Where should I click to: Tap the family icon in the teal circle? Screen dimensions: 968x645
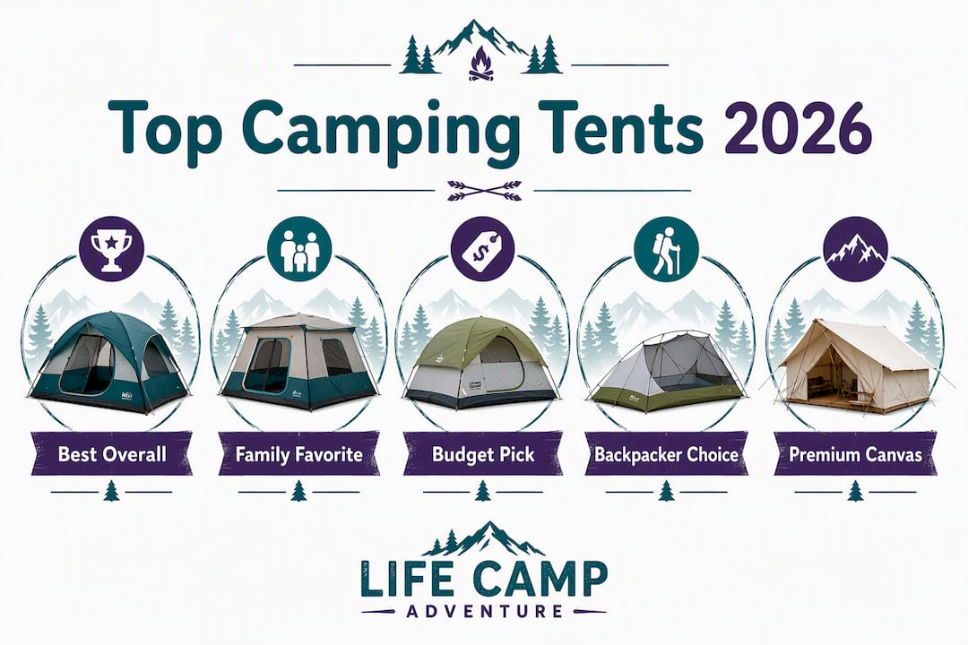click(299, 249)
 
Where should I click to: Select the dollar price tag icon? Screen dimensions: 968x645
click(483, 249)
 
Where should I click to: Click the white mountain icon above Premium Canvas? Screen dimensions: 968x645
click(856, 249)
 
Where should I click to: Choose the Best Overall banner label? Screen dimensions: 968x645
click(112, 454)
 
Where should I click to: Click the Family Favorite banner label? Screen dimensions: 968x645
click(298, 454)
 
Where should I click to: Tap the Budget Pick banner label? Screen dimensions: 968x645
click(483, 454)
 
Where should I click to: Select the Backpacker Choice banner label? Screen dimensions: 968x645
click(666, 454)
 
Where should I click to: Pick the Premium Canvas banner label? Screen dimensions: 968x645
click(855, 454)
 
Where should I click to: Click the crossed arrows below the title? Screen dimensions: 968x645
click(485, 191)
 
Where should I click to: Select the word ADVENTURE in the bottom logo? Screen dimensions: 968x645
click(485, 612)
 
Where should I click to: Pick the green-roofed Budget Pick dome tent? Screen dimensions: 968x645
click(480, 365)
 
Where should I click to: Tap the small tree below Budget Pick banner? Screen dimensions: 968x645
click(483, 491)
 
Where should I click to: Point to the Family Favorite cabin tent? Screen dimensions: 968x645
click(298, 362)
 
